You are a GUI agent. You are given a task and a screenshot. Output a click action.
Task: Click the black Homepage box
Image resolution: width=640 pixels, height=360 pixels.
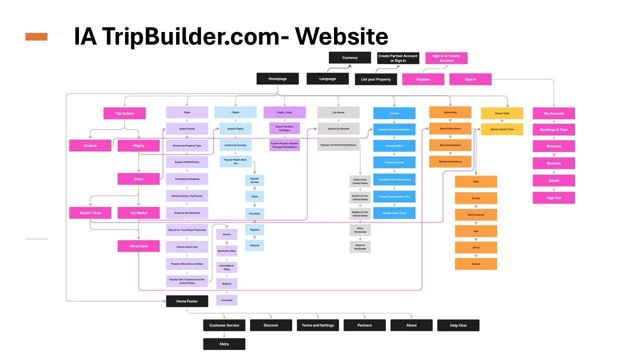pos(277,78)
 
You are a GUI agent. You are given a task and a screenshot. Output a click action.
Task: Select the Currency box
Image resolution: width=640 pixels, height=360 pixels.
pos(349,57)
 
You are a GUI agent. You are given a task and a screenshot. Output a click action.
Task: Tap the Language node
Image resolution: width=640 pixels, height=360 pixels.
pos(327,78)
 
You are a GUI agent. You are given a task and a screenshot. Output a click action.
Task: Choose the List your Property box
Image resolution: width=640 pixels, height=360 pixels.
pos(376,79)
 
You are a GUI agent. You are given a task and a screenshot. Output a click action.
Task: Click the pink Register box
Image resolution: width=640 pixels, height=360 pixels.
pos(423,79)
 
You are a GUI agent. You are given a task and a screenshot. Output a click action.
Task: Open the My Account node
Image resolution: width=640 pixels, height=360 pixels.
pos(553,113)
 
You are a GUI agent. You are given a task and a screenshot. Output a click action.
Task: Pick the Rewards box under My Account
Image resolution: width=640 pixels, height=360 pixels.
pos(553,146)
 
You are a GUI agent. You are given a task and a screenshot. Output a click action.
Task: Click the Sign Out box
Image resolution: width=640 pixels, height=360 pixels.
pos(553,198)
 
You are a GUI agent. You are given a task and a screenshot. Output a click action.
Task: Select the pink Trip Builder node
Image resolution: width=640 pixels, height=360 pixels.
pos(124,113)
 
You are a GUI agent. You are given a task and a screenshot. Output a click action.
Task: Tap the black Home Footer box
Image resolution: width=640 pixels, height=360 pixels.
pos(187,301)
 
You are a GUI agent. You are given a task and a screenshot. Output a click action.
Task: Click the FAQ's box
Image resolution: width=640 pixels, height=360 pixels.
pos(224,344)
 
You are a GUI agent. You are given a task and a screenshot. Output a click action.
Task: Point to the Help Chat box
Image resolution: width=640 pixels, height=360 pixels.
pos(458,325)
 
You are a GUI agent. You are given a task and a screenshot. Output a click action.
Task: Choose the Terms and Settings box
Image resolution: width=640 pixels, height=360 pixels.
pos(317,325)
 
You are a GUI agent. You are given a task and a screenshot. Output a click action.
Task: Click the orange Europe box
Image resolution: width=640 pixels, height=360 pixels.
pos(476,198)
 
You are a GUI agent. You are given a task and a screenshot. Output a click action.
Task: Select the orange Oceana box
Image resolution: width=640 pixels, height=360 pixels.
pos(476,264)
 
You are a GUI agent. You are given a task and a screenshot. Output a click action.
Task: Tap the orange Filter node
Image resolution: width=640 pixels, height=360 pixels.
pos(476,181)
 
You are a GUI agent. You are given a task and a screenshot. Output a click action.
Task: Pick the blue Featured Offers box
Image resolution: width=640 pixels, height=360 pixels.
pos(394,146)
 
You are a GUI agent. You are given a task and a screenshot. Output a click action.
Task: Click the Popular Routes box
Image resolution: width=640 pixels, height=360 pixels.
pos(254,180)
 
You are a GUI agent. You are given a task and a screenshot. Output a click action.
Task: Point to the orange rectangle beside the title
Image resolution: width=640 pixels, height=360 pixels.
pos(36,36)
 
